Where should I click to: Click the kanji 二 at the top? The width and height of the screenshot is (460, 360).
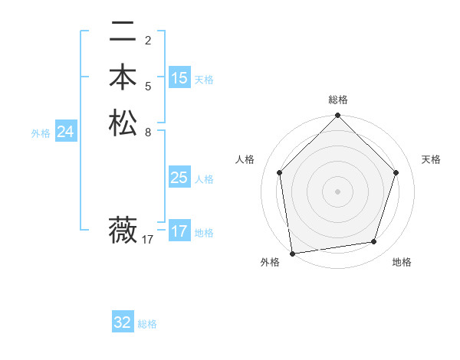pos(123,32)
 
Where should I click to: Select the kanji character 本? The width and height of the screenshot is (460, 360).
pos(123,77)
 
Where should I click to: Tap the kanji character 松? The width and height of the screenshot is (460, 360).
pos(123,123)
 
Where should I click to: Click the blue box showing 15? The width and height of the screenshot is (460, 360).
pos(179,78)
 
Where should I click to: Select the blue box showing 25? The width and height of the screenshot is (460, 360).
pos(179,178)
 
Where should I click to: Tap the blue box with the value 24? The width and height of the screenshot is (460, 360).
pos(66,132)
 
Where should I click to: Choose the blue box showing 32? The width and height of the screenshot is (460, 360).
pos(123,322)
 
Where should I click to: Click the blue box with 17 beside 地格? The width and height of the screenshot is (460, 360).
pos(179,231)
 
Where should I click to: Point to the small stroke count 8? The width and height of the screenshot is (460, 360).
pos(148,132)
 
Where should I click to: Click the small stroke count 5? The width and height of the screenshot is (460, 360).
pos(148,86)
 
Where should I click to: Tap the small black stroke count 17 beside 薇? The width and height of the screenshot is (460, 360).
pos(148,240)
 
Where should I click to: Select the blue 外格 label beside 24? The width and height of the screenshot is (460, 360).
pos(41,133)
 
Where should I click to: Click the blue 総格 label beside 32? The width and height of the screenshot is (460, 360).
pos(147,324)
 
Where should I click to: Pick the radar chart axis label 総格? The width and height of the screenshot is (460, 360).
pos(337,100)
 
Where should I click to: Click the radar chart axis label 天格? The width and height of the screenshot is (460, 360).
pos(432,159)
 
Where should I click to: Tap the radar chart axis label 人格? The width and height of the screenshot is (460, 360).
pos(245,159)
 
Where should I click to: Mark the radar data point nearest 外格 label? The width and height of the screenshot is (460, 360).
pos(292,252)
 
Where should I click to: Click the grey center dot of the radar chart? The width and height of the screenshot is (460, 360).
pos(337,191)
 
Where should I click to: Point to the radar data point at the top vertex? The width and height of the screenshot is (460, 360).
pos(337,116)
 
